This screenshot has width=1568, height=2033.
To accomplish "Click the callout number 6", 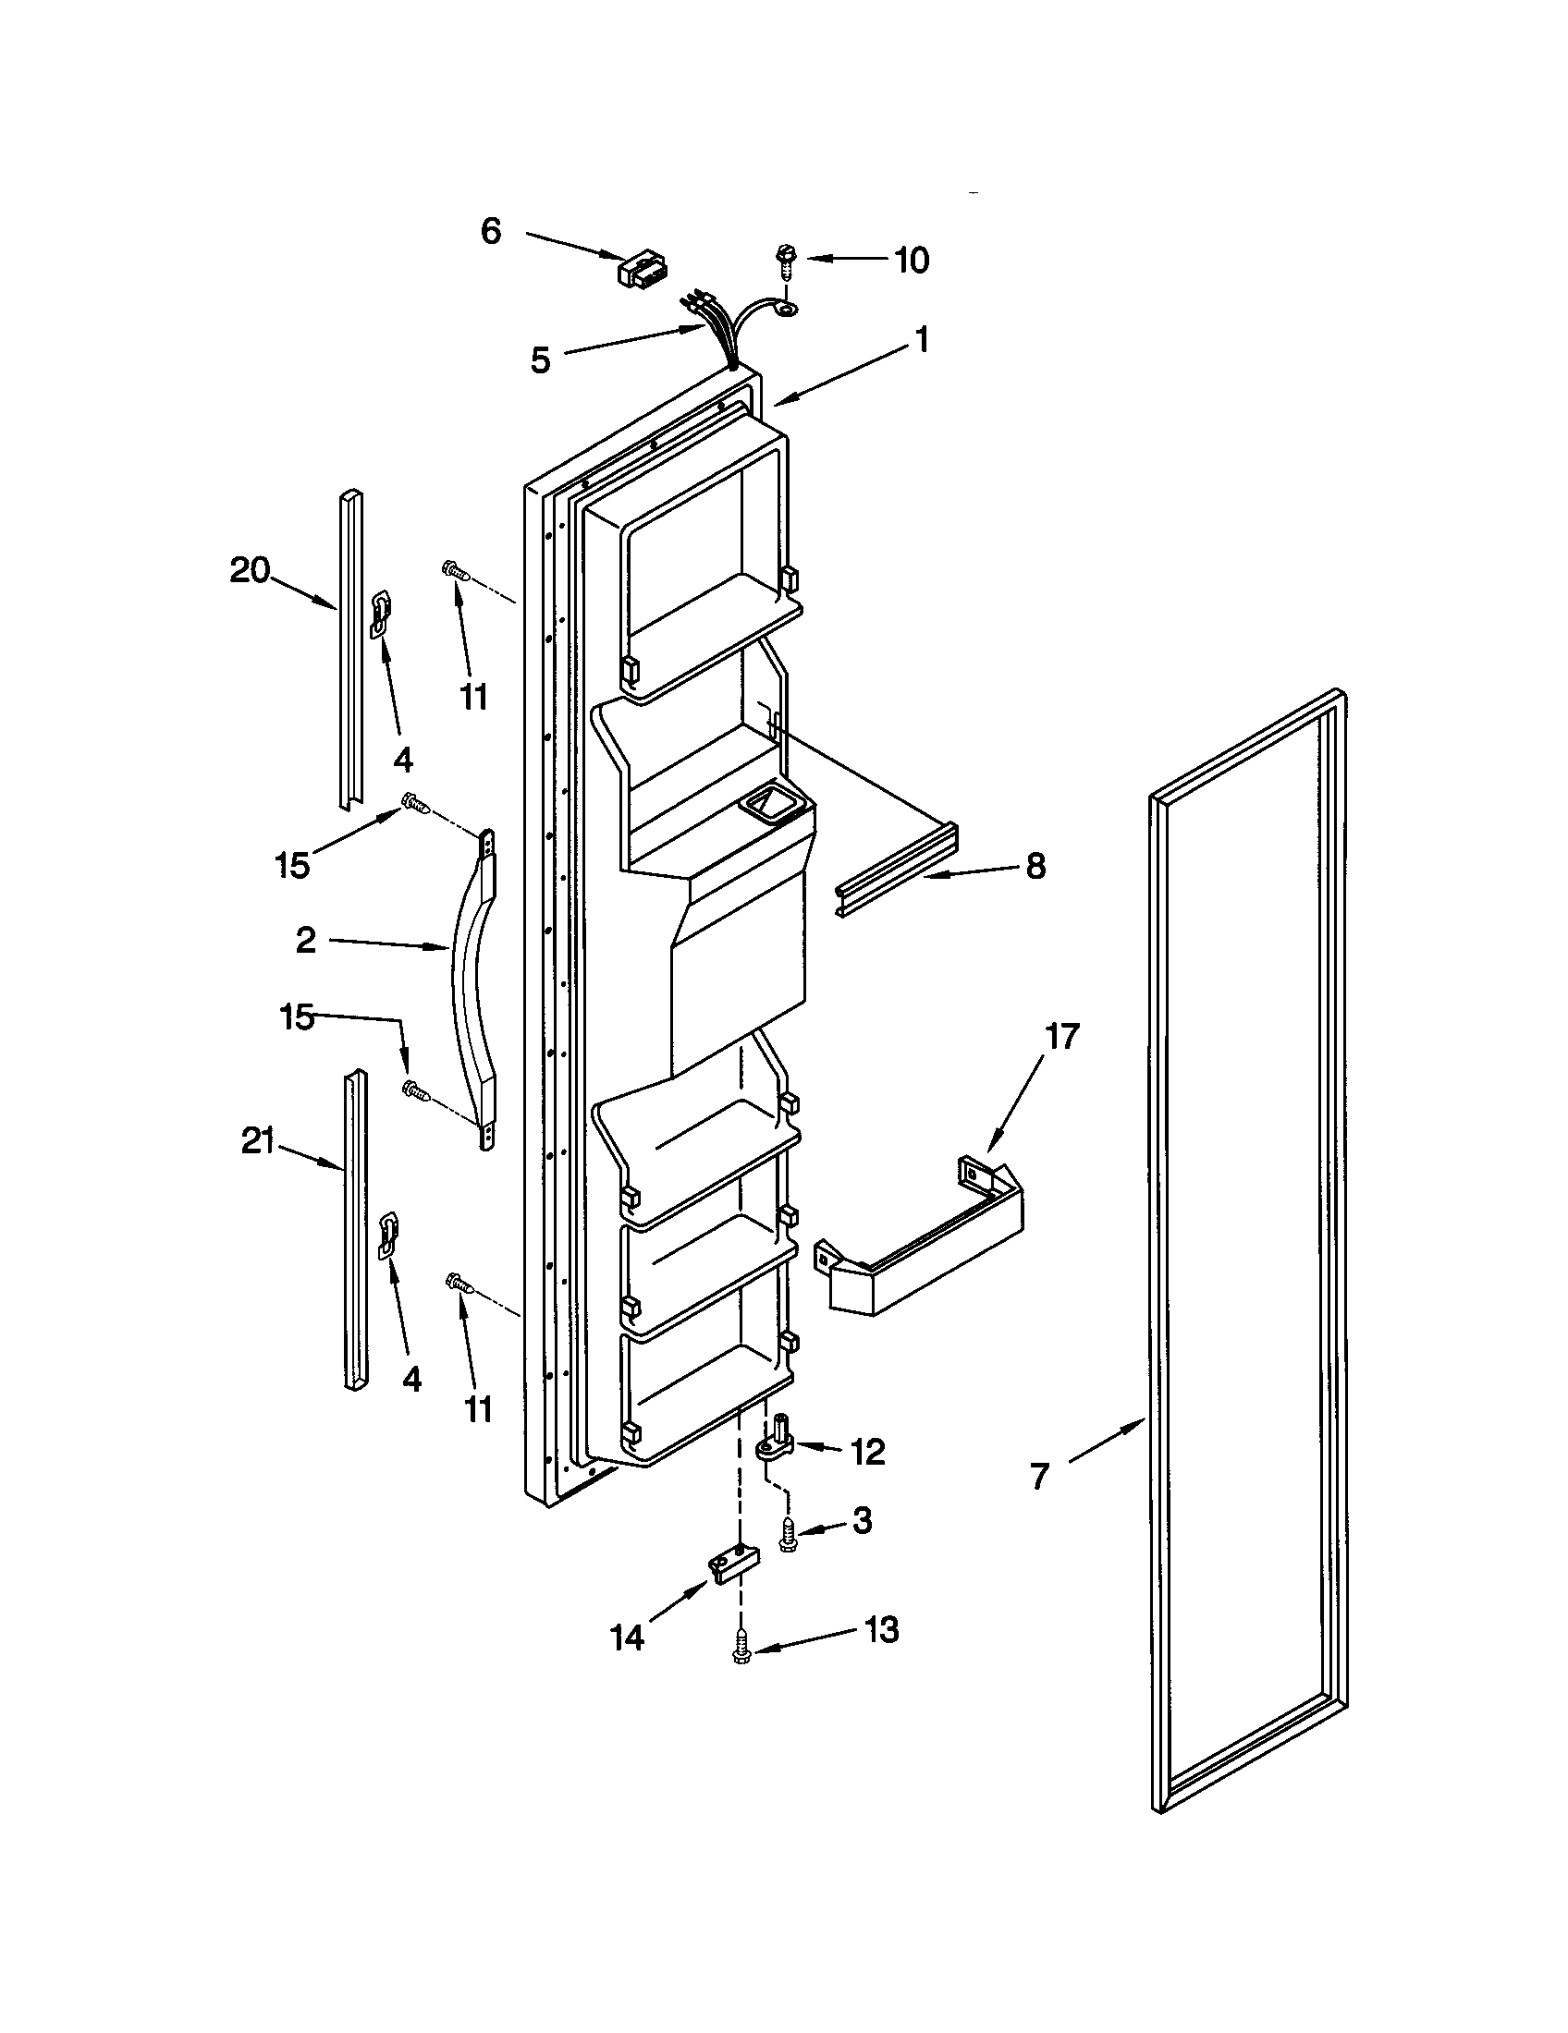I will click(491, 230).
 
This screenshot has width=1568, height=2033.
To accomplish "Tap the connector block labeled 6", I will click(642, 270).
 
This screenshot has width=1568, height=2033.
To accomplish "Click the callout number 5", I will click(541, 359).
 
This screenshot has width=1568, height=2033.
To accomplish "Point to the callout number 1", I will click(921, 340).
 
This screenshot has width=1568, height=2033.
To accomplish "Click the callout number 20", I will click(250, 569).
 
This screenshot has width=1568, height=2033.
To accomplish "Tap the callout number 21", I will click(258, 1141).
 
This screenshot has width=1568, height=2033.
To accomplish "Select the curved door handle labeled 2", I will click(473, 989).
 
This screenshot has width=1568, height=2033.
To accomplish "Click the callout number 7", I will click(1040, 1477).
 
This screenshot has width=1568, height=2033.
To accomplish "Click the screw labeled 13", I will click(742, 1647).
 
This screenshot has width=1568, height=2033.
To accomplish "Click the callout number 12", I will click(868, 1451).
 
